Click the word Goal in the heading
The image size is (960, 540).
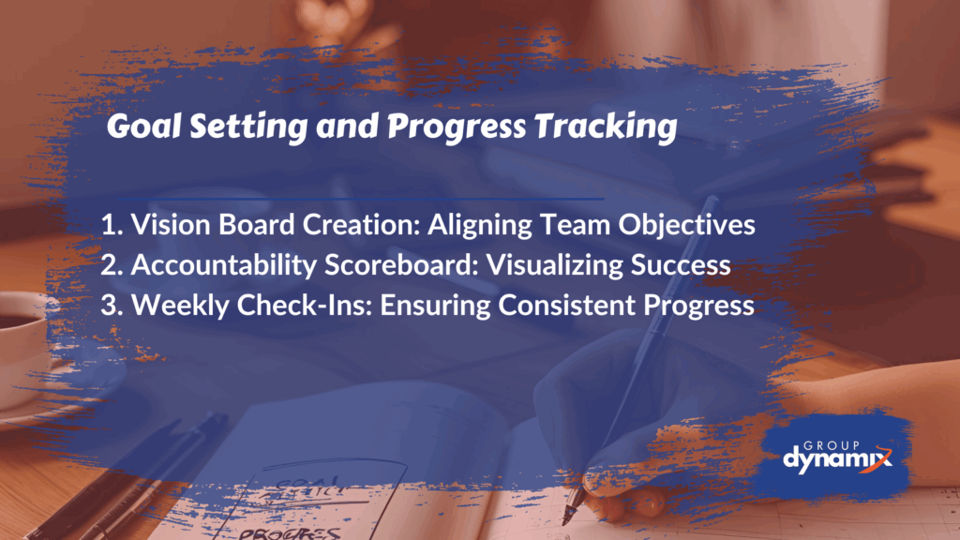pos(143,127)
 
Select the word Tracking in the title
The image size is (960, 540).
pos(606,127)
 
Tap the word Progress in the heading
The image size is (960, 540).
pos(457,127)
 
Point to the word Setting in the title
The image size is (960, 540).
pos(247,127)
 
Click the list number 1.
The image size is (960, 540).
pos(111,225)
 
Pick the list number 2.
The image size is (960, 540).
pos(112,265)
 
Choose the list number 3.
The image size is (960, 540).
pos(112,306)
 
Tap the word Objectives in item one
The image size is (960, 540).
pos(686,226)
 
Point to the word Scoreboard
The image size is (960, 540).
pos(401,265)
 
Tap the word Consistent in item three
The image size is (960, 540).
pos(566,306)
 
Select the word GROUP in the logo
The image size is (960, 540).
pos(832,445)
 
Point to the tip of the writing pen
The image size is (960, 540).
pos(563,523)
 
